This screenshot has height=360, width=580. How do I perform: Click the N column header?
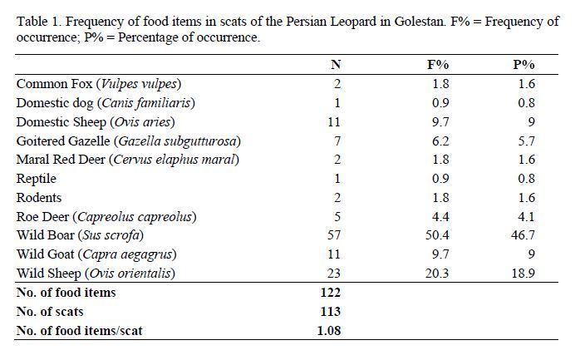[335, 65]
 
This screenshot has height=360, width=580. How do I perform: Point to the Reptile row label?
[37, 179]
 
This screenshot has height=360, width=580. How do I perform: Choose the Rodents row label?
[39, 198]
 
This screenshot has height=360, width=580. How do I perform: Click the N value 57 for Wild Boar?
[335, 235]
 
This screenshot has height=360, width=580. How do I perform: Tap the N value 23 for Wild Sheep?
[335, 274]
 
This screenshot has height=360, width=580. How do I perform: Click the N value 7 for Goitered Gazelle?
[335, 141]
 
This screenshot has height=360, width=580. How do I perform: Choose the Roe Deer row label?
[106, 217]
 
